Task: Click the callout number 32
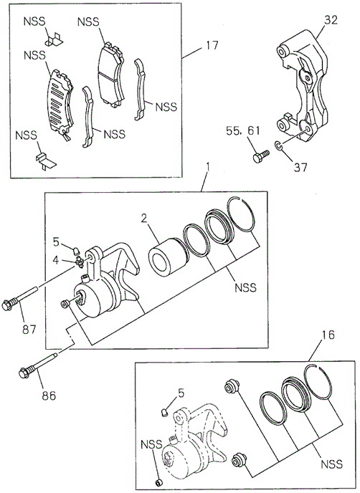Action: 331,20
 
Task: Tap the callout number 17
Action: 212,45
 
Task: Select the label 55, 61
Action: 243,130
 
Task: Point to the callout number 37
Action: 300,167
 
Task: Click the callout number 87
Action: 29,329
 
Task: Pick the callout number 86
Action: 48,395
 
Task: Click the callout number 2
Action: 144,219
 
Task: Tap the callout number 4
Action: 55,260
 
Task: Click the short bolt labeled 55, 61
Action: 261,155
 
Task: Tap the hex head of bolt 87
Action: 6,305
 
